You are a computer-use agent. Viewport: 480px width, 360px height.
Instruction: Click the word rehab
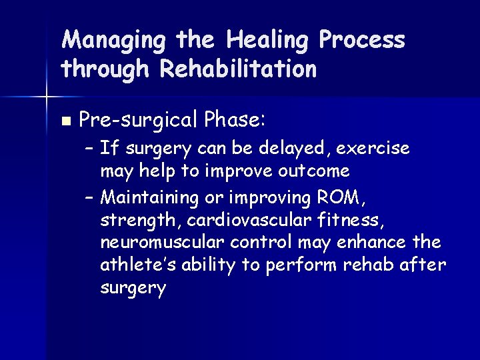(369, 265)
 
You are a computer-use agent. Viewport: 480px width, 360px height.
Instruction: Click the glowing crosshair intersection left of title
(46, 97)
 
